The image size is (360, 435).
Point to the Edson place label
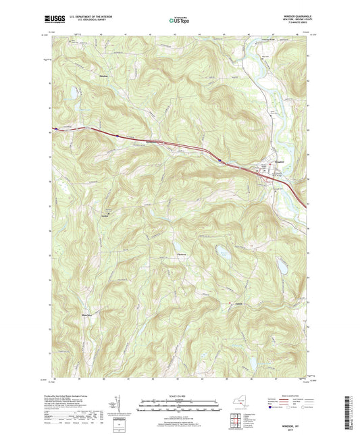tap(238, 303)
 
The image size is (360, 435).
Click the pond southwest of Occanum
tap(72, 93)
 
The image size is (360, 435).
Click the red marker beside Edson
tap(230, 303)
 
